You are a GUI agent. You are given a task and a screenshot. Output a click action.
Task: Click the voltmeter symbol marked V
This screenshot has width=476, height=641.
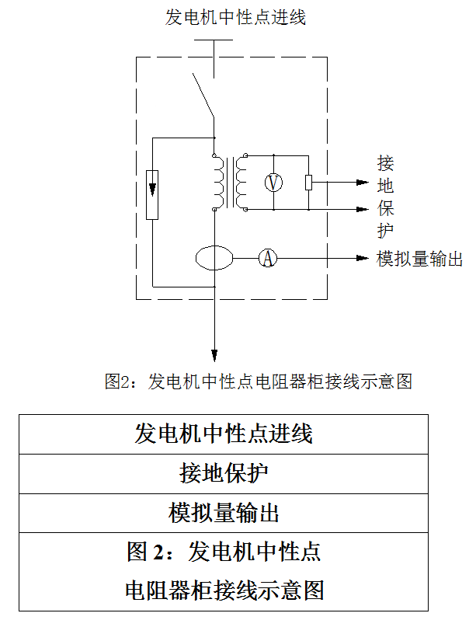[273, 183]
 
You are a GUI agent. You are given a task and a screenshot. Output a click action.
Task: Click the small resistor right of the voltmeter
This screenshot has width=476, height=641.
[308, 183]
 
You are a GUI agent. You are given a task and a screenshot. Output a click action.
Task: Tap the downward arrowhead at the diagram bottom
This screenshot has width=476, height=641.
[214, 352]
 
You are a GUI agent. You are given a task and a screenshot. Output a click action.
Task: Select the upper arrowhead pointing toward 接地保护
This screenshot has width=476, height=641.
[362, 183]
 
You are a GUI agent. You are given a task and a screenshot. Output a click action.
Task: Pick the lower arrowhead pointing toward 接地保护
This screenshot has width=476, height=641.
[362, 209]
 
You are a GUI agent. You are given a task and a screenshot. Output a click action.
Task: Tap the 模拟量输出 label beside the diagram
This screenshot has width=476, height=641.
[419, 259]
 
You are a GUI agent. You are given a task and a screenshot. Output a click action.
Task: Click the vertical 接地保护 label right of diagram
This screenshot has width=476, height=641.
[386, 197]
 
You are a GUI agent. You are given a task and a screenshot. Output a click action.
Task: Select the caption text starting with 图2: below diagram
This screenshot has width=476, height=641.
[257, 381]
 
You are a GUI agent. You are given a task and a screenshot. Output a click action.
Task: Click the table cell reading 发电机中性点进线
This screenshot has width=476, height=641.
[224, 434]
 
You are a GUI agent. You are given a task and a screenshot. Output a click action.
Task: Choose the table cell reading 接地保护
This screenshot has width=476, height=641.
[224, 473]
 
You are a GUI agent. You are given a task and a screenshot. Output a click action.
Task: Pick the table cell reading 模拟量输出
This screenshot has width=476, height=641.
[224, 513]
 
